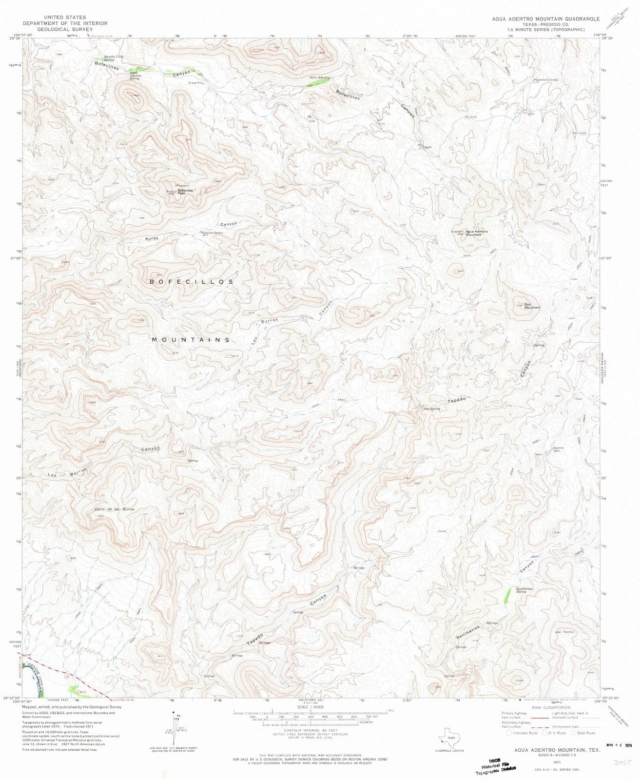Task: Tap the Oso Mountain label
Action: coord(532,306)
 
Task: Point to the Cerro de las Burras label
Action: coord(115,509)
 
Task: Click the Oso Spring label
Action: coord(432,409)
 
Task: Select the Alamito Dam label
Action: coord(558,449)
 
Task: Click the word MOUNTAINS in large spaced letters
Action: coord(191,340)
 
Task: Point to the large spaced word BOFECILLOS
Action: coord(192,282)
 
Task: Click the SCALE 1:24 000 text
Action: coord(310,706)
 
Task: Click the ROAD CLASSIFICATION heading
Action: coord(551,707)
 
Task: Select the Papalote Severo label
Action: coord(212,233)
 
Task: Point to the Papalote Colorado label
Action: coord(545,79)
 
